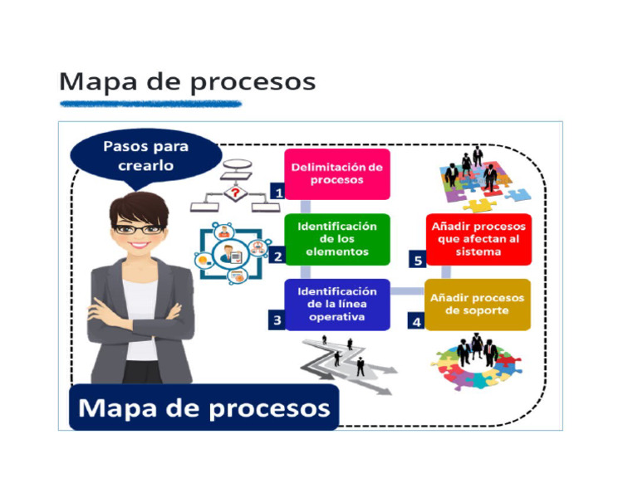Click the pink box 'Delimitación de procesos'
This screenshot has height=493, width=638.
point(336,174)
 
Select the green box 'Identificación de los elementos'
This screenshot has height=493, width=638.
point(336,239)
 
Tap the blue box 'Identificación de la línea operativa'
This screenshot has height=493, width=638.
point(336,304)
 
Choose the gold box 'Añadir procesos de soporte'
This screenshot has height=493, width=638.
point(478,304)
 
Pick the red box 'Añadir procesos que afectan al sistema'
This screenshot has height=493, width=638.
point(478,239)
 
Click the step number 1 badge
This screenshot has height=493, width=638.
point(278,193)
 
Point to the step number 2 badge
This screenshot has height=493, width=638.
point(278,256)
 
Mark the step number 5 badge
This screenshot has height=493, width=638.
point(419,260)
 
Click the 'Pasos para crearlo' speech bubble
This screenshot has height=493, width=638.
point(145,156)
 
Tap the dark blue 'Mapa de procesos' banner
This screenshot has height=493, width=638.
point(204,408)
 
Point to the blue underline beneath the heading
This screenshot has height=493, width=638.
point(150,104)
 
